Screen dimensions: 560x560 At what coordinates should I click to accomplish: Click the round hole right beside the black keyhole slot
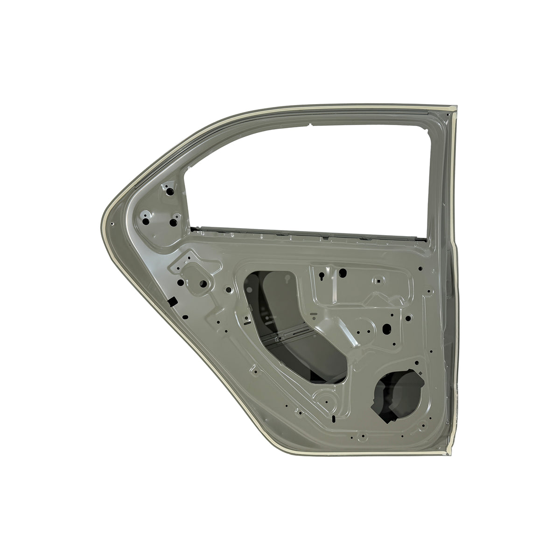click(343, 272)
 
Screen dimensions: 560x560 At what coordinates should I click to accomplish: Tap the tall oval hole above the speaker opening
click(386, 329)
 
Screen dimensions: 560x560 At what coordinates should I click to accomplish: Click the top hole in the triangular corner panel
click(169, 191)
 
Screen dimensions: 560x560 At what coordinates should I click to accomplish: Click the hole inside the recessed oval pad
click(203, 283)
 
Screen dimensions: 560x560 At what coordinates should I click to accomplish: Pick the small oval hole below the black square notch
click(185, 317)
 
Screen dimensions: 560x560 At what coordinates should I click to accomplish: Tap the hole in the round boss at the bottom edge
click(362, 437)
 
